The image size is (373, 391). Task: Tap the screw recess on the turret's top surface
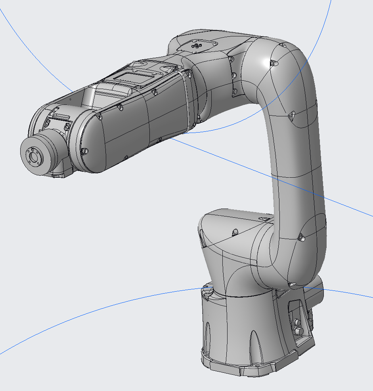235,232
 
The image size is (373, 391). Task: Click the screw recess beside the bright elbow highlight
273,63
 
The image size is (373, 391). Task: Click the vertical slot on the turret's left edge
203,239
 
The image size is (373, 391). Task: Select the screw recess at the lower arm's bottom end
292,284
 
